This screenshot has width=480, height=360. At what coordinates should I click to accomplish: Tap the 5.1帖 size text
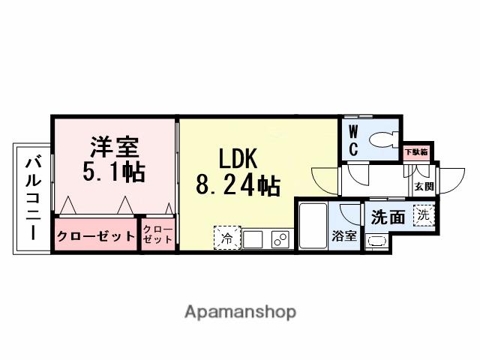(113, 172)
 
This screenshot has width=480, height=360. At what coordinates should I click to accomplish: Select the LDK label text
(238, 159)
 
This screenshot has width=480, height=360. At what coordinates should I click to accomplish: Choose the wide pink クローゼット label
(95, 236)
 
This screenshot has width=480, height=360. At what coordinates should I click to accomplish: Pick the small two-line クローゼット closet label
(157, 235)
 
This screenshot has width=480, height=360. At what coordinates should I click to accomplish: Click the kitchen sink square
(253, 239)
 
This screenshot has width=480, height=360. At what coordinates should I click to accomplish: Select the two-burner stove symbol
(279, 239)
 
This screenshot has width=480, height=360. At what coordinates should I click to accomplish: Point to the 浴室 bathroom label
(344, 236)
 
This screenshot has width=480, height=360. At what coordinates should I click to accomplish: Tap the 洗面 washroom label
(388, 217)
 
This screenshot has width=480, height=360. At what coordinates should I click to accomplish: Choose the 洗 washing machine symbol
(424, 214)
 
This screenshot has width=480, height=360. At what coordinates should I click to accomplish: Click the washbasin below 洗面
(375, 241)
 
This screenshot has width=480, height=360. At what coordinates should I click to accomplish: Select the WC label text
(352, 140)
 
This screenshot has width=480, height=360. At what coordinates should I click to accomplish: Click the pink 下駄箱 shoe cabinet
(416, 151)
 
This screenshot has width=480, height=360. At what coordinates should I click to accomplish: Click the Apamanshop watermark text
(240, 311)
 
